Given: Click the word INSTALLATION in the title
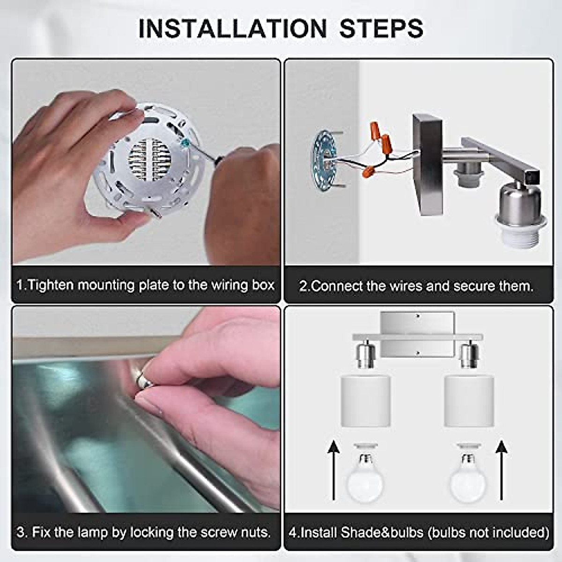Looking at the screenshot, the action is point(232,28).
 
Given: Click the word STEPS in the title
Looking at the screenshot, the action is point(381,28).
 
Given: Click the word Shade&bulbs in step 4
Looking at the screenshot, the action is point(382,532).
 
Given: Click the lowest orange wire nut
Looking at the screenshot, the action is point(369,172).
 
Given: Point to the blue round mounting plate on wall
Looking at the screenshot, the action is point(325,161).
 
